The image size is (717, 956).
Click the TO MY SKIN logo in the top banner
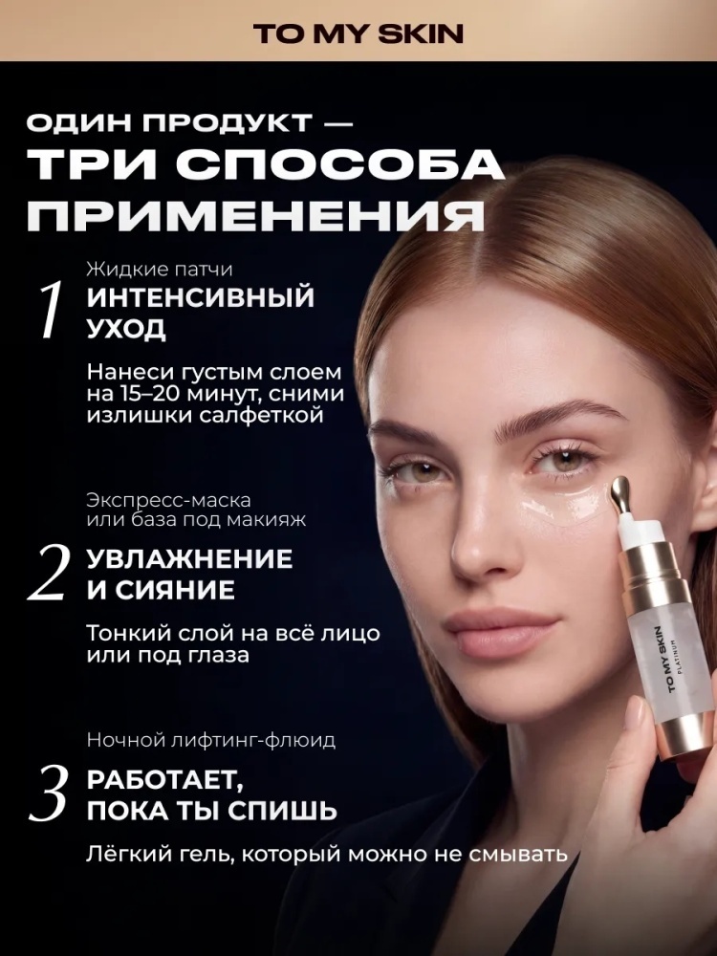pyautogui.click(x=358, y=34)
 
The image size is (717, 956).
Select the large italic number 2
pyautogui.click(x=46, y=572)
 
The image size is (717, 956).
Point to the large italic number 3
pyautogui.click(x=47, y=792)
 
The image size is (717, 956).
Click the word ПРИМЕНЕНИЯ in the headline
pyautogui.click(x=256, y=214)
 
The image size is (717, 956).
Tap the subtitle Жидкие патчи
pyautogui.click(x=159, y=269)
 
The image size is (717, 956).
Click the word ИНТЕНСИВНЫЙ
pyautogui.click(x=200, y=297)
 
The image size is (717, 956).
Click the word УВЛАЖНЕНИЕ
pyautogui.click(x=189, y=559)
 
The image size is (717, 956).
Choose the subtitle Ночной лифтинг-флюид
pyautogui.click(x=211, y=741)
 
